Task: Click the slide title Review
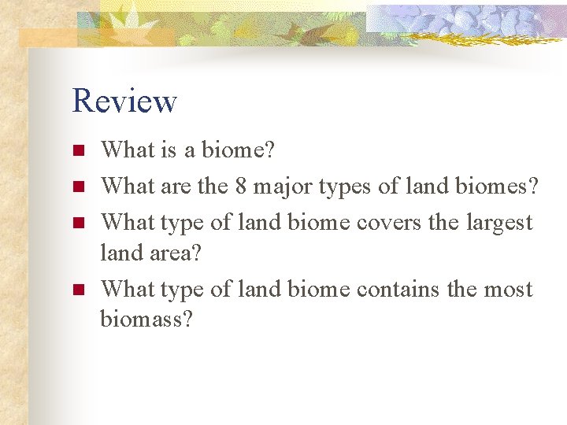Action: (124, 102)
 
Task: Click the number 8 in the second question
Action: (241, 187)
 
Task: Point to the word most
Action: (508, 290)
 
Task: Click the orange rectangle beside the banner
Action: (47, 38)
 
